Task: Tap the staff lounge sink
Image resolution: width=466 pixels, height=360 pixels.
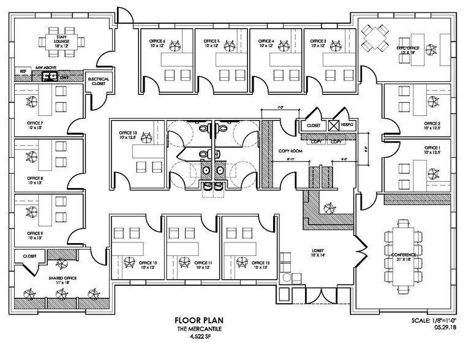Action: click(x=49, y=77)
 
